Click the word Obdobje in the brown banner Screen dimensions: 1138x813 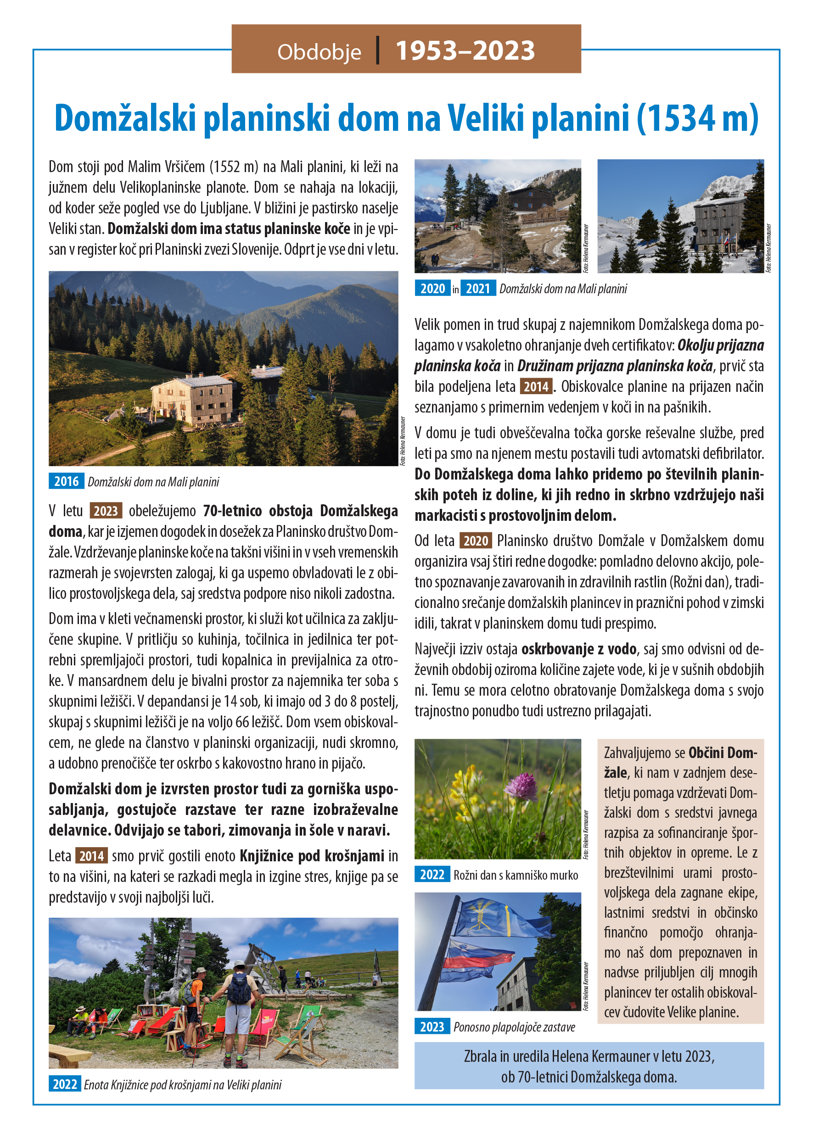click(x=319, y=52)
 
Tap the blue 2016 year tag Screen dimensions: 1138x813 click(x=66, y=481)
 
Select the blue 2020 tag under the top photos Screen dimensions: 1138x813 click(x=432, y=288)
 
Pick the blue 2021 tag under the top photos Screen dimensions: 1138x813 click(x=477, y=288)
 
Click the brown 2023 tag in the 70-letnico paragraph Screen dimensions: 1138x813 click(x=106, y=511)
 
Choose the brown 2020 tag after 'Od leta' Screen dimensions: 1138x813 click(x=476, y=541)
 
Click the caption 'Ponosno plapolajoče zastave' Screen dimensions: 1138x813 click(x=514, y=1027)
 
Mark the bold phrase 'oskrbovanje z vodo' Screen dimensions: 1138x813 click(x=579, y=649)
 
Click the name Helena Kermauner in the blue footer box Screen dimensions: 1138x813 click(x=600, y=1056)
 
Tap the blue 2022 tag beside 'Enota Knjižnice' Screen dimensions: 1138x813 click(x=65, y=1084)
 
